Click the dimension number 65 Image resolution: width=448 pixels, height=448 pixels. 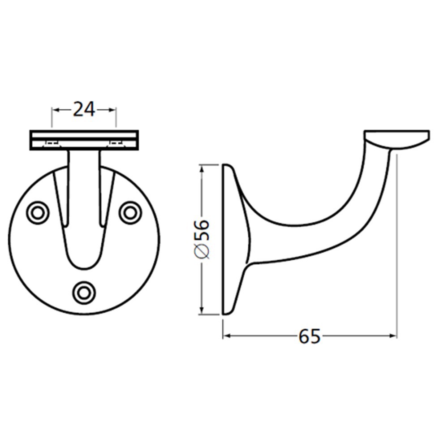[x=310, y=336]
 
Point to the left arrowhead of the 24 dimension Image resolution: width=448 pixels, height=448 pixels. [x=55, y=109]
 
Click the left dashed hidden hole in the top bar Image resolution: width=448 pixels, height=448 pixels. [x=52, y=143]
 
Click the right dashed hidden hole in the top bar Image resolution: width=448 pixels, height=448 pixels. [x=116, y=143]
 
